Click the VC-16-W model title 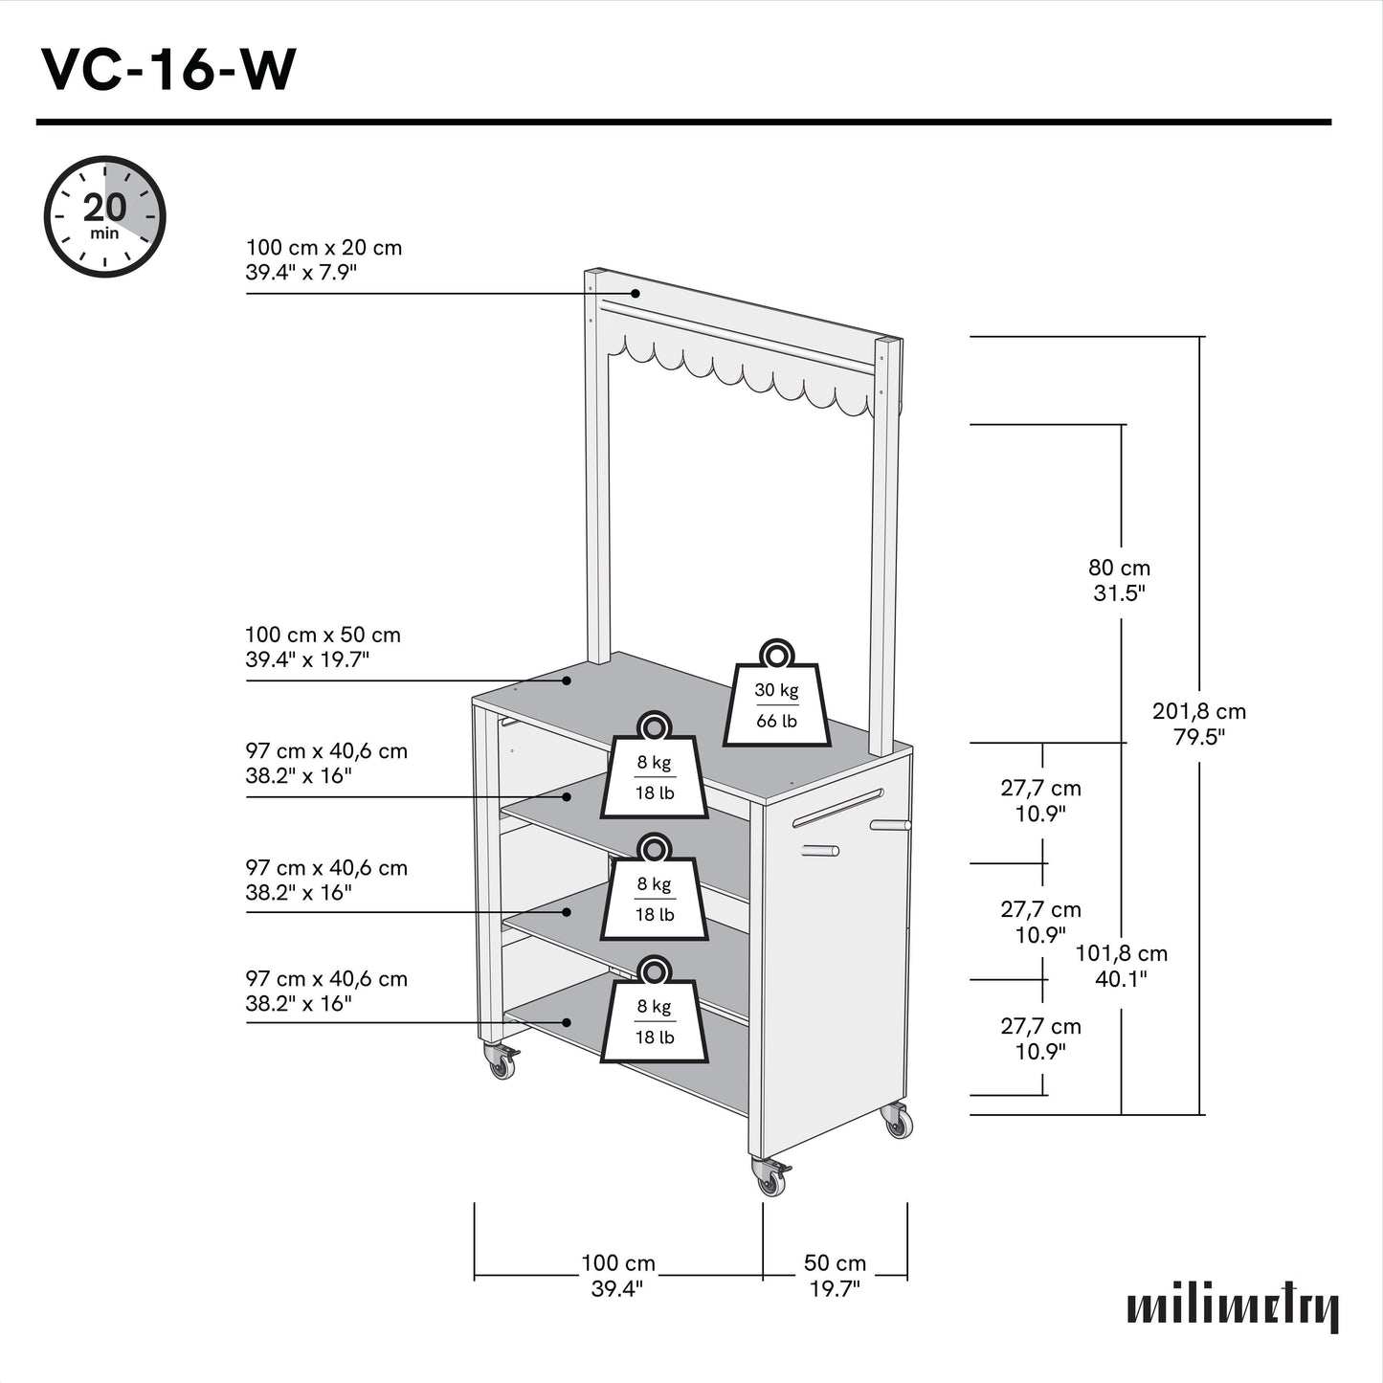point(168,70)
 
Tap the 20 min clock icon point(105,216)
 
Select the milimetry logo point(1232,1307)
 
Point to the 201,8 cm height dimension point(1199,724)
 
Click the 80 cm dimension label point(1120,580)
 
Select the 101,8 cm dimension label point(1121,966)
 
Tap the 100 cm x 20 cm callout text point(323,259)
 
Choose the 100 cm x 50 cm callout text point(323,647)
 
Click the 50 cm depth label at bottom point(835,1276)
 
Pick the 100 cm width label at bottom point(617,1276)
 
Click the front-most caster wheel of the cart point(771,1179)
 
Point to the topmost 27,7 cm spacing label point(1040,800)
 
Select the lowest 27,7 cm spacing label point(1040,1038)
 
